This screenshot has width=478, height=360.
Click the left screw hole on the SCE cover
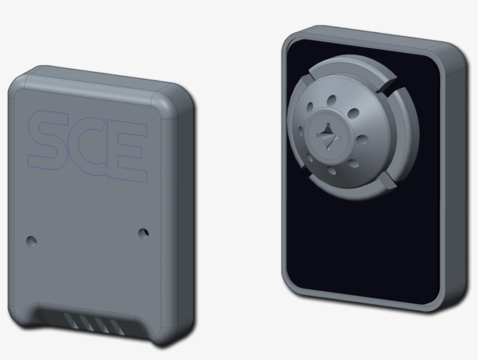click(32, 240)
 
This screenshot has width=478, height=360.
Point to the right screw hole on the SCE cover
click(143, 233)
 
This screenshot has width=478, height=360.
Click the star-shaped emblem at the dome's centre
click(327, 137)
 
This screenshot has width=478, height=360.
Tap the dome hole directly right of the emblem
click(361, 140)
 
